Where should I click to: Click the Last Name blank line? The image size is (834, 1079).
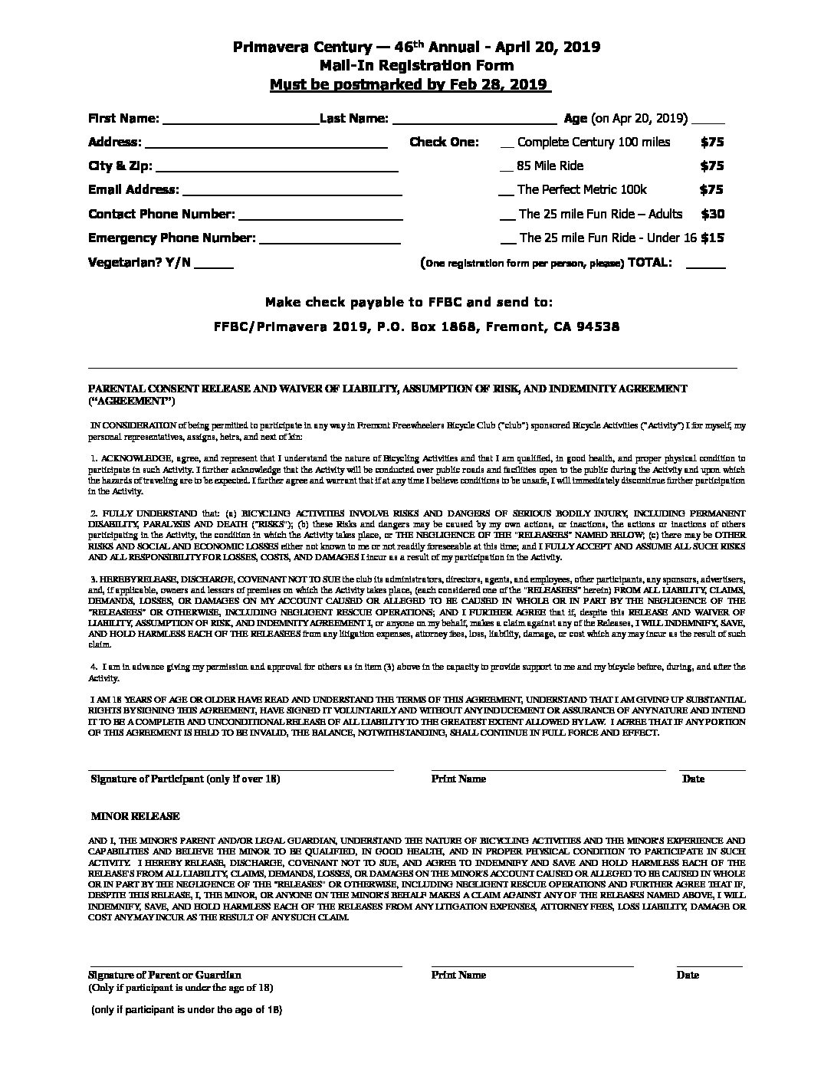tap(474, 120)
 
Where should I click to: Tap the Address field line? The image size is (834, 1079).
tap(265, 144)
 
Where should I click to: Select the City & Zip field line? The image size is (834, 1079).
tap(277, 168)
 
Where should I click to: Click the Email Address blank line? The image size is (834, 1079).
tap(292, 192)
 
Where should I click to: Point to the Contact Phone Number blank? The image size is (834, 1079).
tap(320, 216)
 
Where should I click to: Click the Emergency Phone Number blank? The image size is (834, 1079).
tap(330, 240)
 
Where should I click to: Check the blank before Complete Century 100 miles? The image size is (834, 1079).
tap(506, 144)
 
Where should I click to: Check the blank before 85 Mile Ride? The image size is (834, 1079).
tap(505, 168)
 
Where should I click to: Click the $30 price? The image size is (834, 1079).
tap(712, 214)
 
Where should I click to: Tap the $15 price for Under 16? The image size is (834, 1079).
tap(712, 238)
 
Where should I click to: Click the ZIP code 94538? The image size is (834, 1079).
tap(599, 326)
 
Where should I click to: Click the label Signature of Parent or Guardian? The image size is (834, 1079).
tap(165, 975)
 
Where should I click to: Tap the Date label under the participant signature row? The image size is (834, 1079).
tap(693, 779)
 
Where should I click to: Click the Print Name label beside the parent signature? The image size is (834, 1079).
tap(458, 975)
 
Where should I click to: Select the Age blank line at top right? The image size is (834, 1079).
tap(708, 121)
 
